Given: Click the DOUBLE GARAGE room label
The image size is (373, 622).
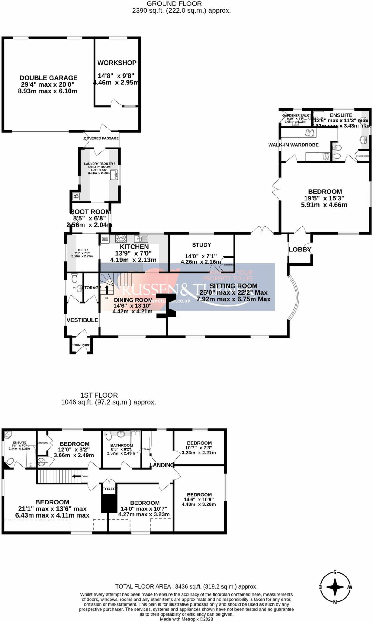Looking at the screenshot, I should pos(48,78).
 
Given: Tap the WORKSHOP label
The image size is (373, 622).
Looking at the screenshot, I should pos(117,63).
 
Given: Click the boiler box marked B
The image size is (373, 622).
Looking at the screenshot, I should pos(76,197).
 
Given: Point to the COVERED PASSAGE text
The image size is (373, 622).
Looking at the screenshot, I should pos(101,138).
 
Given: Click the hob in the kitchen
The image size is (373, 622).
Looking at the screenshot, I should pos(121,239).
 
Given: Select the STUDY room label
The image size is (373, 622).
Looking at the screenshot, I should pos(201,245).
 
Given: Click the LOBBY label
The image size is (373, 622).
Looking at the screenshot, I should pos(300,249).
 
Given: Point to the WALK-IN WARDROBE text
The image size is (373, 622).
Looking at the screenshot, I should pos(293,145).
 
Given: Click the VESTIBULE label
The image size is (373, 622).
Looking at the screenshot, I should pos(82,320).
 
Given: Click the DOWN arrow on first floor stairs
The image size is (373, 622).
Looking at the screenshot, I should pos(76,476).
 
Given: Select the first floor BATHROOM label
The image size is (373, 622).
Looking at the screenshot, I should pos(121,445).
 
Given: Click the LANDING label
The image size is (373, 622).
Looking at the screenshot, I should pos(162,465).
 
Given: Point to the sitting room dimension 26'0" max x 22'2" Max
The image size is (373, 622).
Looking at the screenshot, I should pos(233,292).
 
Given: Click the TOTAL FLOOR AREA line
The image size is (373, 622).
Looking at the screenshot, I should pos(186,586).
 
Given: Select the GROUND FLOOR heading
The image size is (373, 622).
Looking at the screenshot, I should pos(174,4).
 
